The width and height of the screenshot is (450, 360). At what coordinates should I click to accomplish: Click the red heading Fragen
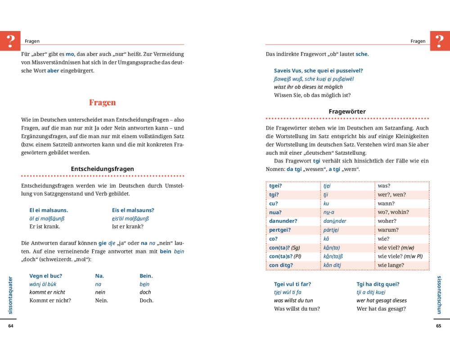(102, 103)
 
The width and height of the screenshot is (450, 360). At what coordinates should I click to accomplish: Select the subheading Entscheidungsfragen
(102, 169)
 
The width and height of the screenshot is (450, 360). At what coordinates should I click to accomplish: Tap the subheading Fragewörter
(347, 112)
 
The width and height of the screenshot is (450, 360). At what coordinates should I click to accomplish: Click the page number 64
(11, 326)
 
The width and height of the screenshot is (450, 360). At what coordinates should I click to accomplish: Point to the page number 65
(439, 326)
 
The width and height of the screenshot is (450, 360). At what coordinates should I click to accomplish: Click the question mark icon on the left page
(10, 41)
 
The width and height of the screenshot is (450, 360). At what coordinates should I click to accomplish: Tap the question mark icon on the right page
(440, 41)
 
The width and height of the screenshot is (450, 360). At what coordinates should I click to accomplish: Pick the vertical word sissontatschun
(439, 295)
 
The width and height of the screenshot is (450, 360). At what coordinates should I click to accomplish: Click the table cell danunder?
(283, 221)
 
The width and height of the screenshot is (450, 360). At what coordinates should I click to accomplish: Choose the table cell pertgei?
(280, 230)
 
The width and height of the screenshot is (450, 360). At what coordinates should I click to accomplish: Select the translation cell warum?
(388, 230)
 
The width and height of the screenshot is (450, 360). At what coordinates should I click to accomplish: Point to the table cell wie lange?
(391, 265)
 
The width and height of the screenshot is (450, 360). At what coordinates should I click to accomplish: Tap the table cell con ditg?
(281, 265)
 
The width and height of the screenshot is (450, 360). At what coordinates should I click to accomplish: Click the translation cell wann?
(387, 203)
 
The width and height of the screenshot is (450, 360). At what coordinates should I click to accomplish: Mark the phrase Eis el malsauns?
(133, 210)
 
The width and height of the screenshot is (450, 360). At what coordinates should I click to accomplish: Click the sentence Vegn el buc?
(45, 276)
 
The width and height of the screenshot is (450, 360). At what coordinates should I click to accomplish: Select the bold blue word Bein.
(146, 276)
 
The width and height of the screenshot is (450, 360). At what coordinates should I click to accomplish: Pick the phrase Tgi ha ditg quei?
(378, 284)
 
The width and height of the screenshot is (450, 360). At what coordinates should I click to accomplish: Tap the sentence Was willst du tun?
(297, 309)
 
